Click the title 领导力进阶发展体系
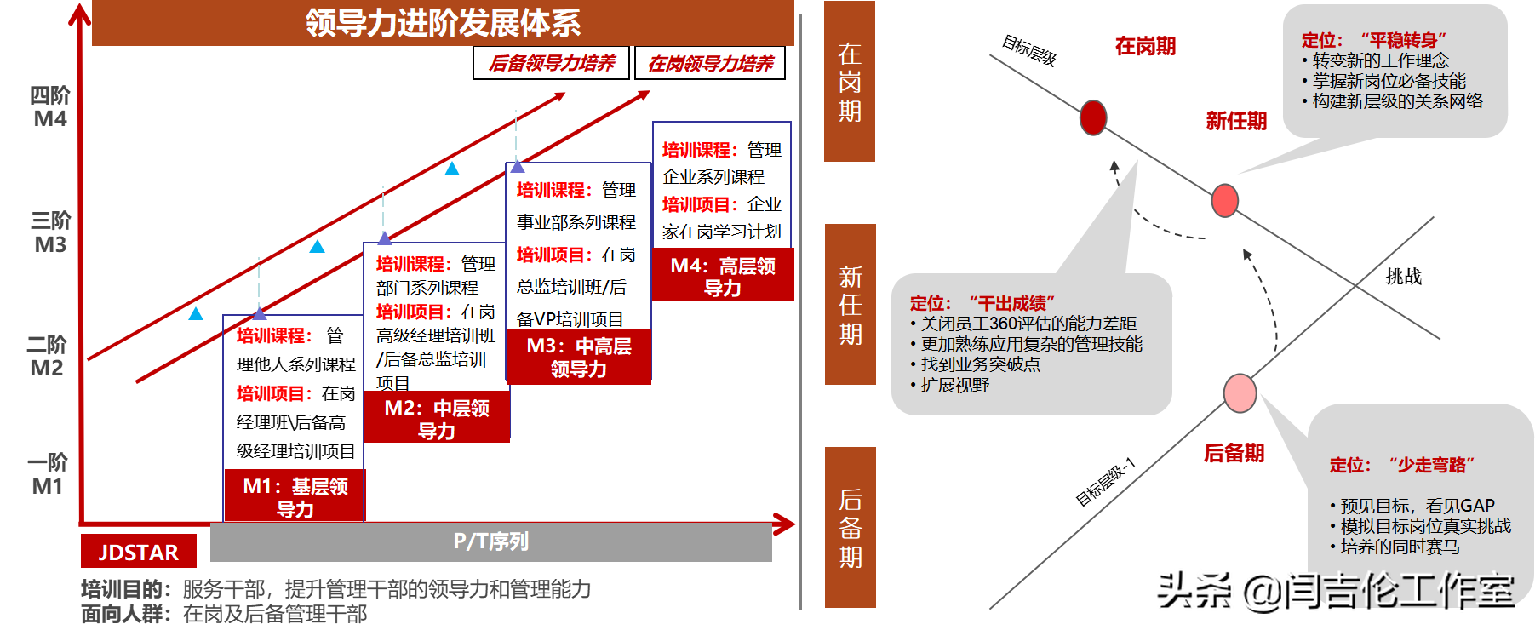click(443, 23)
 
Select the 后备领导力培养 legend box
click(551, 63)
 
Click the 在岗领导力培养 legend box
click(710, 63)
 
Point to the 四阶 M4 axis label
click(50, 106)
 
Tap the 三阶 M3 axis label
click(50, 232)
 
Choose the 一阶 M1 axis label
click(48, 474)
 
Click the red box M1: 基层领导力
click(295, 497)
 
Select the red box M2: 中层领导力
click(437, 419)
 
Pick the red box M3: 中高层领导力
click(578, 357)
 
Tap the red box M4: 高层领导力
click(722, 277)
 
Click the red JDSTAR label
click(138, 553)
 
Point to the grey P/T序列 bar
click(490, 541)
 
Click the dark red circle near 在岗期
click(1093, 117)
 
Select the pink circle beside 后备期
click(1240, 392)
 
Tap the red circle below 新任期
click(1224, 201)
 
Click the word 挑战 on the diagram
click(1403, 276)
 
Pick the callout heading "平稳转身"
click(1373, 40)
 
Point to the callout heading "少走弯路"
click(1401, 465)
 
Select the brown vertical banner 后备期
click(850, 527)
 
